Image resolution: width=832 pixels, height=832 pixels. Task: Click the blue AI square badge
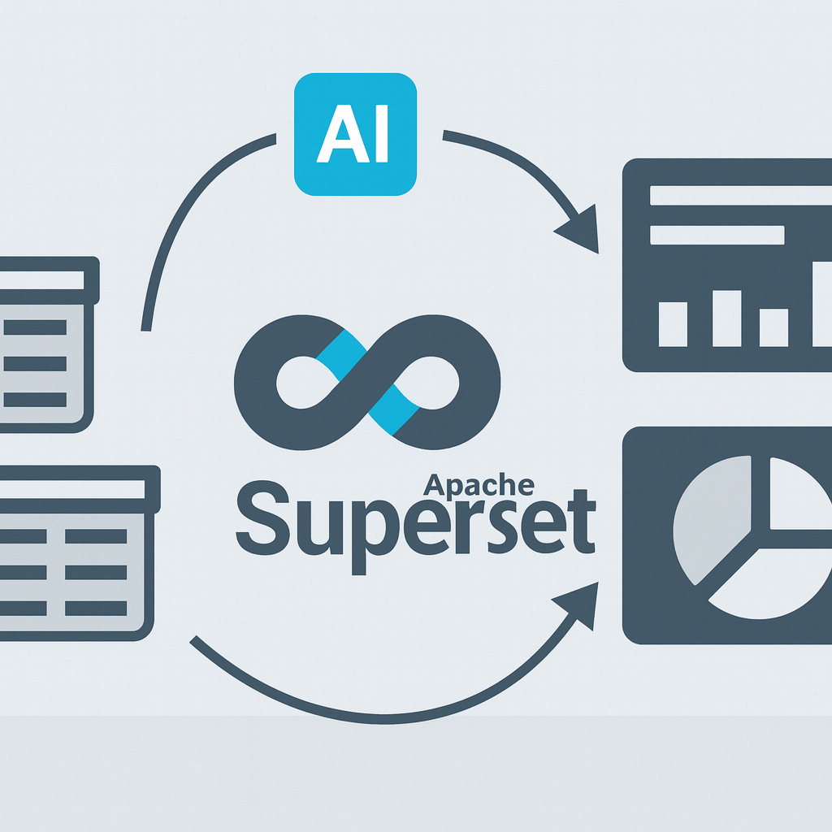click(x=355, y=134)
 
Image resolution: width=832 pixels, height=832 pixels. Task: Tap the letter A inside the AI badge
click(x=339, y=135)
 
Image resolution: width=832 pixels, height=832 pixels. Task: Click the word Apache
click(x=479, y=485)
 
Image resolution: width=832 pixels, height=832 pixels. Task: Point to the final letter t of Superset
click(x=583, y=519)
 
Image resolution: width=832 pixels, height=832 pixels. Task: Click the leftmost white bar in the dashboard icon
click(x=672, y=323)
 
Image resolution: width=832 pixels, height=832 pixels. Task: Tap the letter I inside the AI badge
click(x=379, y=135)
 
